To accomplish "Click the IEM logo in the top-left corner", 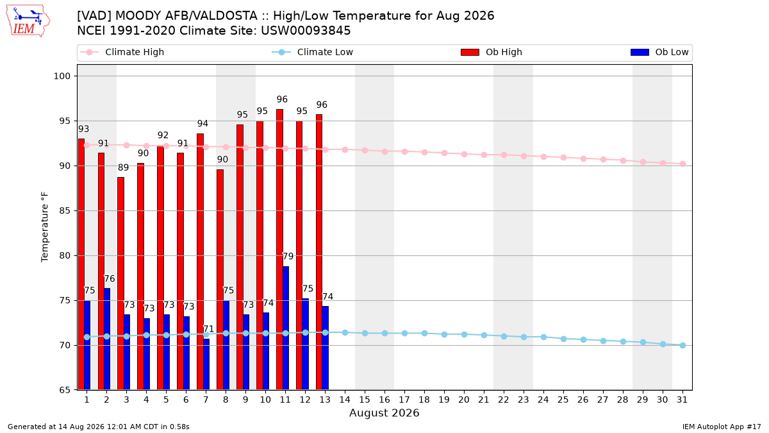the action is [x=28, y=21].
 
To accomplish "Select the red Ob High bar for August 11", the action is [x=280, y=250].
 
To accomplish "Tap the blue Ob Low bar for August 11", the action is [x=286, y=328].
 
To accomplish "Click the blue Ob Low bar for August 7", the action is [x=206, y=364].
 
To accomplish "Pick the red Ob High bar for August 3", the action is [x=121, y=284].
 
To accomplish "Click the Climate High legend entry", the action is [x=122, y=52].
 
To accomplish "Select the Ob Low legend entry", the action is [x=659, y=52].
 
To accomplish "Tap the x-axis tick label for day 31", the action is [x=682, y=400].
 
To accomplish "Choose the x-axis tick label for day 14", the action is [x=345, y=400].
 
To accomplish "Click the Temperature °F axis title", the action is [x=45, y=227].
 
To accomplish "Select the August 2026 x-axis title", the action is [x=384, y=412].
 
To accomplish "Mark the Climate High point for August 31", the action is [x=683, y=164].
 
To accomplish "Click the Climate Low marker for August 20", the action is [x=464, y=334].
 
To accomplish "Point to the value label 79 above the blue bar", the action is [x=288, y=257].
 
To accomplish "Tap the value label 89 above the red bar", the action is [x=123, y=167].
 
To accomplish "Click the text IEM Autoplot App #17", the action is [x=722, y=427].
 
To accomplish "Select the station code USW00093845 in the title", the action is [x=306, y=31].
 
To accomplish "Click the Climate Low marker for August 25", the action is [x=563, y=339].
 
